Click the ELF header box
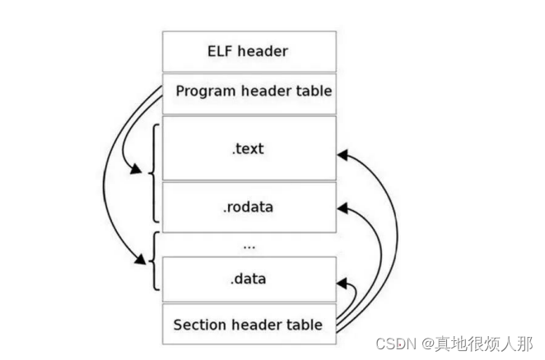pyautogui.click(x=249, y=51)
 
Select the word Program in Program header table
pyautogui.click(x=203, y=91)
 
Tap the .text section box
pyautogui.click(x=249, y=148)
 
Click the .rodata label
pyautogui.click(x=248, y=207)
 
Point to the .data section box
pyautogui.click(x=249, y=279)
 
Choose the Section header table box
pyautogui.click(x=249, y=324)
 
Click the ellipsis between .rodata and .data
pyautogui.click(x=249, y=245)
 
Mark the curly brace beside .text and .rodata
pyautogui.click(x=152, y=173)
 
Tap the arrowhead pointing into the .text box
pyautogui.click(x=342, y=153)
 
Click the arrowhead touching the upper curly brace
pyautogui.click(x=134, y=171)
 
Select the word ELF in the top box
pyautogui.click(x=220, y=51)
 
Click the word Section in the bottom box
pyautogui.click(x=198, y=324)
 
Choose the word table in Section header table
pyautogui.click(x=305, y=324)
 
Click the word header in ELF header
pyautogui.click(x=263, y=51)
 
